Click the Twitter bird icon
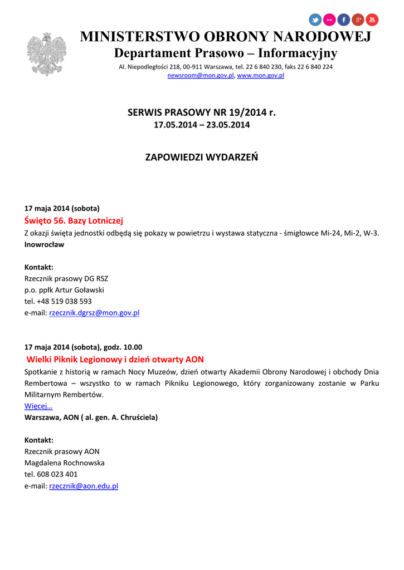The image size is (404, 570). pyautogui.click(x=315, y=20)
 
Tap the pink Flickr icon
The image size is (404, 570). pyautogui.click(x=330, y=20)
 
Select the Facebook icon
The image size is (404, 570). pyautogui.click(x=344, y=20)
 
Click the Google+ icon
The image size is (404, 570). pyautogui.click(x=358, y=20)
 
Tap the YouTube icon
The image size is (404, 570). pyautogui.click(x=372, y=20)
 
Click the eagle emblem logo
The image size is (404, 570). pyautogui.click(x=46, y=54)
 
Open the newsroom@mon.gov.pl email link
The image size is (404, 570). pyautogui.click(x=201, y=76)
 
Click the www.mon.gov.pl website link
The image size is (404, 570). pyautogui.click(x=260, y=76)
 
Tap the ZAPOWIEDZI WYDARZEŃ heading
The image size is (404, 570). pyautogui.click(x=202, y=157)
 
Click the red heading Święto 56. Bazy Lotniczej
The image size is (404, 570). pyautogui.click(x=74, y=220)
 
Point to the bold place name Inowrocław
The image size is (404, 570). pyautogui.click(x=44, y=244)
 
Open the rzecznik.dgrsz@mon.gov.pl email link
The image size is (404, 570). pyautogui.click(x=94, y=313)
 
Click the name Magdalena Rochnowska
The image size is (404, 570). pyautogui.click(x=64, y=463)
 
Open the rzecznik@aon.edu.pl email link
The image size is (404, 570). pyautogui.click(x=84, y=486)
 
